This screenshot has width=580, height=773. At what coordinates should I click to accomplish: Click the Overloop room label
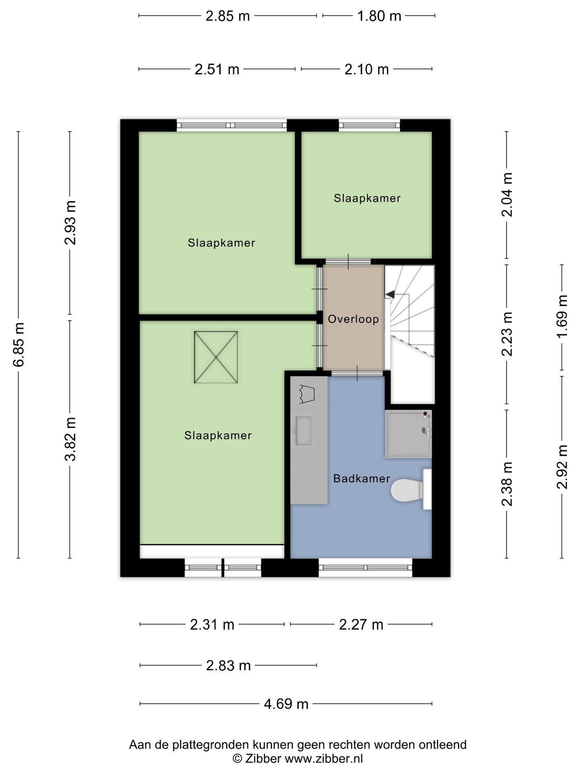353,319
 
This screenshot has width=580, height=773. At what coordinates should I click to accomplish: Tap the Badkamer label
362,478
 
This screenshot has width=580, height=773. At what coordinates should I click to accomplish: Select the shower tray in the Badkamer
408,434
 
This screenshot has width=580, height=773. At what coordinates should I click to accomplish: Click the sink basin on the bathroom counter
303,431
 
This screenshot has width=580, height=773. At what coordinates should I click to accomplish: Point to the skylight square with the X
216,357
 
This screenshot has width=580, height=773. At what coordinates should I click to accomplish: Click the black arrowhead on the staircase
389,295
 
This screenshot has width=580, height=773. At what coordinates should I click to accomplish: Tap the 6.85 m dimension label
19,345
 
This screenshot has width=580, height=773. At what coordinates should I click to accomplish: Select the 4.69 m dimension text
286,704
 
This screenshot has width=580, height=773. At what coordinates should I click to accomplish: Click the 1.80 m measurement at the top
379,16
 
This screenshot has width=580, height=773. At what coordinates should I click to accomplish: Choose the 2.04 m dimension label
507,195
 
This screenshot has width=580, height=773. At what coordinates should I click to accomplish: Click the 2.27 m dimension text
361,625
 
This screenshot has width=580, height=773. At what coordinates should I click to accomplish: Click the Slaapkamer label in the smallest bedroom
367,198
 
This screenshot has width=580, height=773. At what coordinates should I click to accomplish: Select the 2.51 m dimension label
217,69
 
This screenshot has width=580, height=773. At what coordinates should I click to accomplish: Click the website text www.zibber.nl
324,759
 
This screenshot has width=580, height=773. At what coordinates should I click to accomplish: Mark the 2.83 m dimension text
228,666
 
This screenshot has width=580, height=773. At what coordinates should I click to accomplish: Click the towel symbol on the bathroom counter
307,394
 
